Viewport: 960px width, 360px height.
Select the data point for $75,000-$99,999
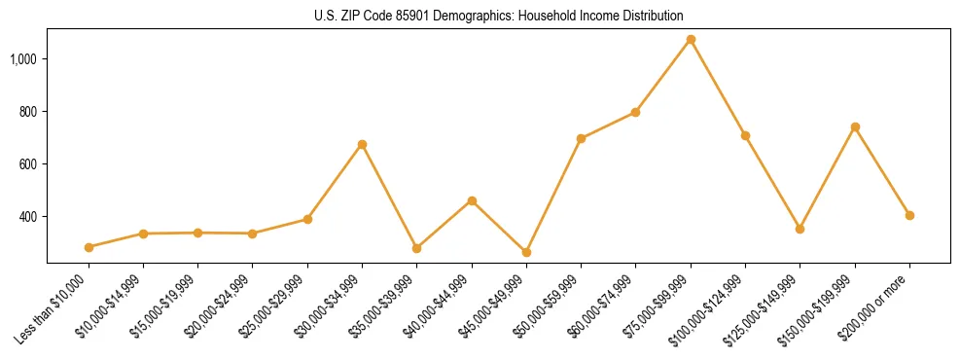691,40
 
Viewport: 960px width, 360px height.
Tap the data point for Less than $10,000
89,247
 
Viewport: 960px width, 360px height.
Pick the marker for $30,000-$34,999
362,144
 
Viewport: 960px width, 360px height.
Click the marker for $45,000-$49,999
526,252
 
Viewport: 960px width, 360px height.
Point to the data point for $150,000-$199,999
855,126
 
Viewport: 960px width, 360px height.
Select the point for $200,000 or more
909,215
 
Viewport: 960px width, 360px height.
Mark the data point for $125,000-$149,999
800,229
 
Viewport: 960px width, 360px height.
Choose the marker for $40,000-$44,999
472,200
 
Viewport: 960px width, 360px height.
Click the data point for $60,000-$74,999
635,112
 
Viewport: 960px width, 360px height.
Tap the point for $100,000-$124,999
745,135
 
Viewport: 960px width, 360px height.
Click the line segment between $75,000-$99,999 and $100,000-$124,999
718,88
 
